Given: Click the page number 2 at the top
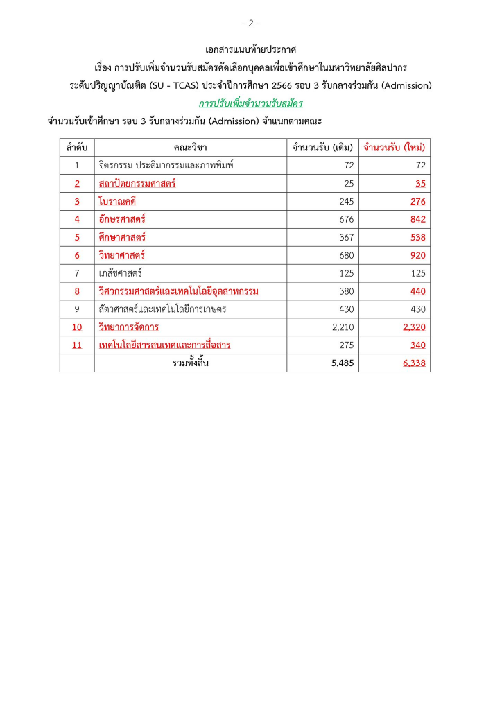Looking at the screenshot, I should pyautogui.click(x=251, y=24).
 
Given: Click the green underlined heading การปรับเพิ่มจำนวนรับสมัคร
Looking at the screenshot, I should pyautogui.click(x=251, y=103).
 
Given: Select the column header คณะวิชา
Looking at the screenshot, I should pyautogui.click(x=191, y=148).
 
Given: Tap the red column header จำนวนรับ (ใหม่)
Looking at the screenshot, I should pyautogui.click(x=395, y=148).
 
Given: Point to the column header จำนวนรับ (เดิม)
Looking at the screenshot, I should pyautogui.click(x=323, y=148).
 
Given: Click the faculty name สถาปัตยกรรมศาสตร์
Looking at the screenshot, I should pyautogui.click(x=137, y=184).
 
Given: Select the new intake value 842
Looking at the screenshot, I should pyautogui.click(x=417, y=220).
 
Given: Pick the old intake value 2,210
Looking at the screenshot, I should pyautogui.click(x=342, y=327).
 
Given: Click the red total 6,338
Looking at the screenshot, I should pyautogui.click(x=414, y=363).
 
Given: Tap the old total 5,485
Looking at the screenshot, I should pyautogui.click(x=342, y=363).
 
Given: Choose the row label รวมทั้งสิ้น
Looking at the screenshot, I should pyautogui.click(x=191, y=363).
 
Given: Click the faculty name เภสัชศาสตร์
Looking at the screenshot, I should pyautogui.click(x=121, y=273).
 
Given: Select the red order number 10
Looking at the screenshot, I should pyautogui.click(x=77, y=327).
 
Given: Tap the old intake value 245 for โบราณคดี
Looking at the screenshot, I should pyautogui.click(x=346, y=202).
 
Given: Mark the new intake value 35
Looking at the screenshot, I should pyautogui.click(x=420, y=184).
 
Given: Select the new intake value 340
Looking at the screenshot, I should pyautogui.click(x=417, y=345).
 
